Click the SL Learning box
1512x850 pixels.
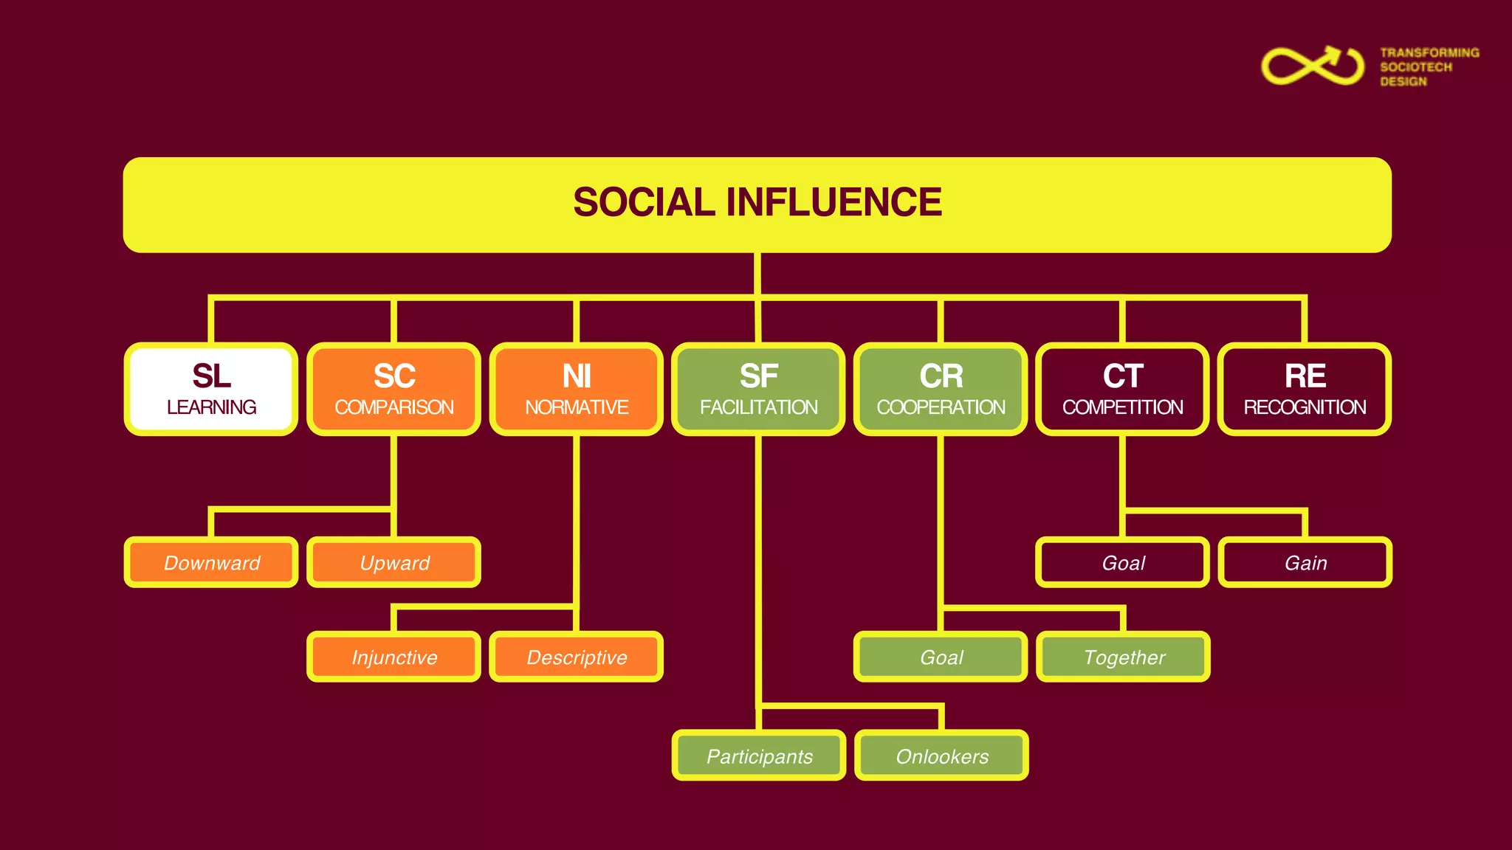click(x=211, y=389)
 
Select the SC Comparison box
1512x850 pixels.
click(x=394, y=389)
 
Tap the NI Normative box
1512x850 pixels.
click(x=576, y=389)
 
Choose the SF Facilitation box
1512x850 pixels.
click(x=758, y=389)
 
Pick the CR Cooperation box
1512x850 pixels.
click(x=941, y=389)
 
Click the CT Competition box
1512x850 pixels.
click(x=1122, y=389)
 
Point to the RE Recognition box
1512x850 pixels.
click(x=1305, y=389)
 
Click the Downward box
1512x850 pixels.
click(x=211, y=562)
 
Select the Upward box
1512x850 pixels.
click(x=394, y=562)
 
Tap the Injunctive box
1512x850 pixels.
click(x=394, y=657)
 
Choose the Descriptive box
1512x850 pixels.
click(x=576, y=657)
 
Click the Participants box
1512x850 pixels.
click(x=758, y=756)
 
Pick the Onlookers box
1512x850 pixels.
click(x=941, y=756)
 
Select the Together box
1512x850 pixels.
click(x=1123, y=657)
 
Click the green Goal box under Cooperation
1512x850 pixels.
click(x=941, y=657)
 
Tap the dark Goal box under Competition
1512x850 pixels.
click(x=1122, y=562)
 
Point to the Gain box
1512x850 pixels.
click(x=1305, y=562)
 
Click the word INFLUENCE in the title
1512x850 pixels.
click(x=834, y=202)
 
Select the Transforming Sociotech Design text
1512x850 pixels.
click(x=1429, y=67)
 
